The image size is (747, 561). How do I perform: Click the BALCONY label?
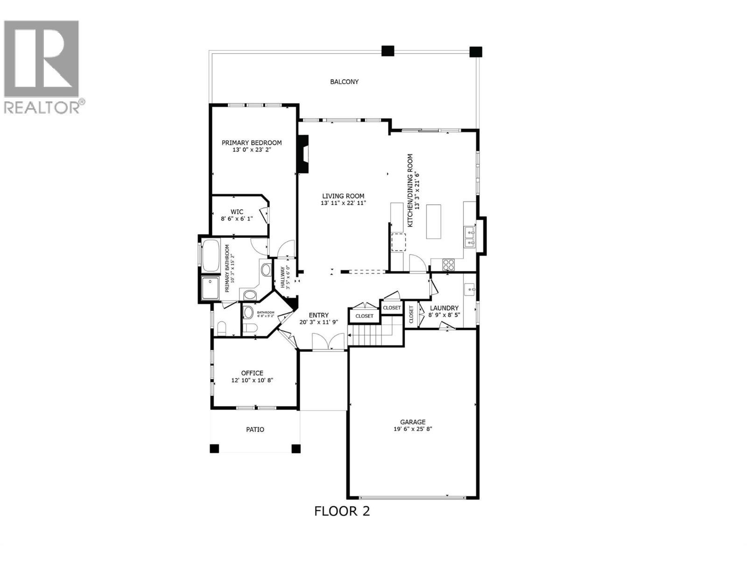tap(344, 82)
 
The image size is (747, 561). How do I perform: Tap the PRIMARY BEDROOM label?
tap(252, 143)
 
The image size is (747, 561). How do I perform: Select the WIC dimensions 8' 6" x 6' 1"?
tap(237, 218)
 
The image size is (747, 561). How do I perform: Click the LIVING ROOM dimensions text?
tap(343, 203)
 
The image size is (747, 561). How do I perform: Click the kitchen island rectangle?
tap(434, 221)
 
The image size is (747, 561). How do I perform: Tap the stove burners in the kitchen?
tap(449, 265)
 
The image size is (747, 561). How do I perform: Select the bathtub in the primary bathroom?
tap(211, 255)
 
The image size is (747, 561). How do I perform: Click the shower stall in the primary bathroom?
tap(211, 288)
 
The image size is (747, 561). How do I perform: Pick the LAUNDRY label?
tap(444, 308)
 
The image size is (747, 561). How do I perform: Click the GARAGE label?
tap(413, 422)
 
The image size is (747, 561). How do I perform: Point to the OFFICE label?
tap(252, 373)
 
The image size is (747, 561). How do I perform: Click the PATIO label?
tap(255, 429)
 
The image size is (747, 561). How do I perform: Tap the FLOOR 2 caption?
tap(342, 511)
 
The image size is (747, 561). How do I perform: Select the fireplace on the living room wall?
tap(303, 154)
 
